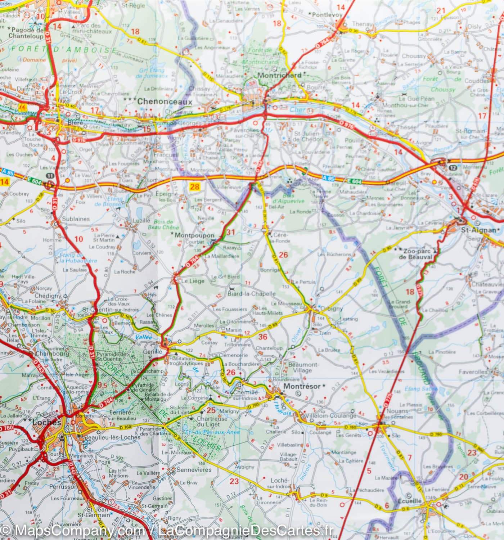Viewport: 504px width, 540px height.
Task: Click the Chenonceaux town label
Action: pos(165,102)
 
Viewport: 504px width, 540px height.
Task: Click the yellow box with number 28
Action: pos(195,186)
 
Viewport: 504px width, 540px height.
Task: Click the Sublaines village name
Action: pos(76,219)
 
